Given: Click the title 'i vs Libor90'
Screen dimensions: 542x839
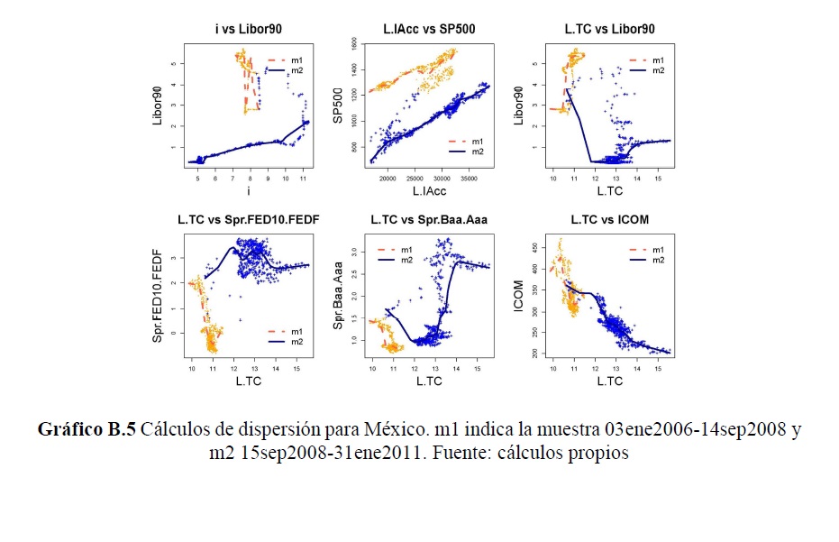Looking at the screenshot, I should (x=244, y=30).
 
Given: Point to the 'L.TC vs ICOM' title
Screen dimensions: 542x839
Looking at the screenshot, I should (x=610, y=219).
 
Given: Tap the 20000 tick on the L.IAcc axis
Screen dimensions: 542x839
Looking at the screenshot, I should (x=388, y=179).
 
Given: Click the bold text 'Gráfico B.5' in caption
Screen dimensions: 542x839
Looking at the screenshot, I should (x=87, y=430).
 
